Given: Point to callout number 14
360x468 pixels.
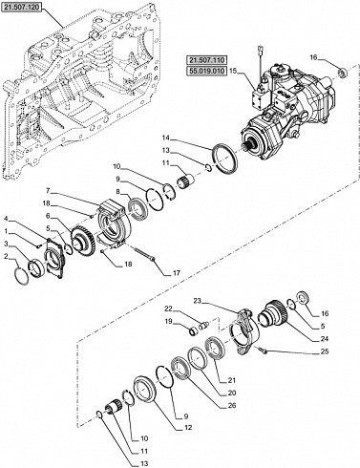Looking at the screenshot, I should coord(165,138).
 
